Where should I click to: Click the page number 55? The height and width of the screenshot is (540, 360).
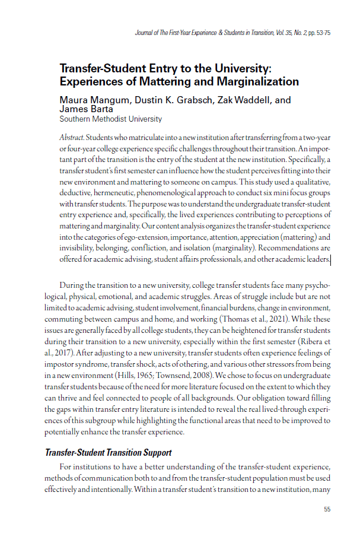point(327,509)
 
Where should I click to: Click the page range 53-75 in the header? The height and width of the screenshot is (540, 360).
point(321,33)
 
